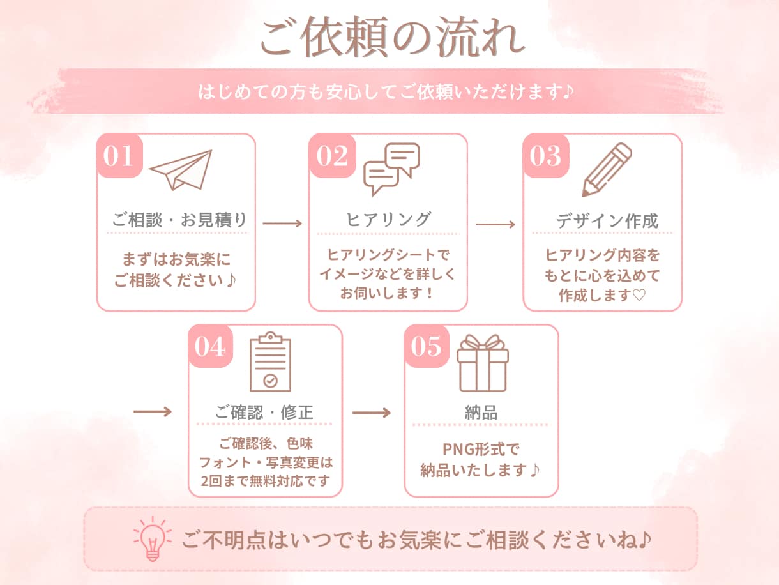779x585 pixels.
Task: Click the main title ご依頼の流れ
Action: (x=393, y=37)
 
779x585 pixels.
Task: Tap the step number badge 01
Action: (x=119, y=155)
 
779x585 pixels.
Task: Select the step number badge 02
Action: (x=332, y=155)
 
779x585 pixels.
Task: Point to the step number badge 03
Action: (x=546, y=155)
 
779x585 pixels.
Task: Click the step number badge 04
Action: (x=210, y=346)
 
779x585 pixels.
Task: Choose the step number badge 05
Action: (x=427, y=346)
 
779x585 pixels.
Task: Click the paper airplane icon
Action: (x=181, y=170)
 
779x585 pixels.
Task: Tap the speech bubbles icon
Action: (x=392, y=169)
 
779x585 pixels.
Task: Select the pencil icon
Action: (x=607, y=170)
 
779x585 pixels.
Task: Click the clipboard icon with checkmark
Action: (x=271, y=361)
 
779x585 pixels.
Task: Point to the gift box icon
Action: (x=483, y=363)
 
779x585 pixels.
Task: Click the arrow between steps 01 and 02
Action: (x=282, y=224)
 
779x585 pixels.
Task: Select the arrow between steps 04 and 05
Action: (x=372, y=413)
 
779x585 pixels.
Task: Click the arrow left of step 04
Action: (x=153, y=412)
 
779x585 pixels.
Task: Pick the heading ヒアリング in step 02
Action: (x=389, y=220)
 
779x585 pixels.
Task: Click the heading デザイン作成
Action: (x=607, y=221)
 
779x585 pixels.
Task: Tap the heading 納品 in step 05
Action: (x=481, y=413)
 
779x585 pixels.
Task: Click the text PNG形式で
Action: (x=481, y=450)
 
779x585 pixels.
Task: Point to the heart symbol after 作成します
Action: (x=639, y=295)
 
